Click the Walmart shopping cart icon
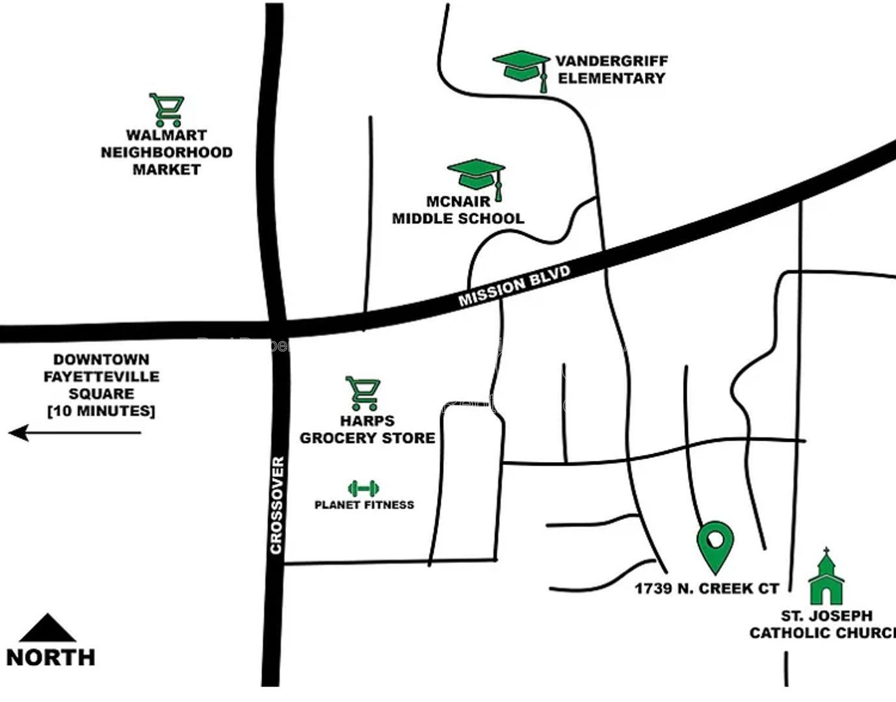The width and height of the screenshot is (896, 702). (x=167, y=110)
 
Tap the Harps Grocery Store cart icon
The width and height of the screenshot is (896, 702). (x=362, y=393)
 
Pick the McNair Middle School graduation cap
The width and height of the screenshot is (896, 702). (x=476, y=175)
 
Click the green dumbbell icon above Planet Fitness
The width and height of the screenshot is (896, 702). (x=363, y=488)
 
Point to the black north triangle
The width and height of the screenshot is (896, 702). (x=47, y=629)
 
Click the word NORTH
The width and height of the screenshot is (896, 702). (x=51, y=657)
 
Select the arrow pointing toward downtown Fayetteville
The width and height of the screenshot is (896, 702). (x=75, y=432)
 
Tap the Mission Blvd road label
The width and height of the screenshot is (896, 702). (x=514, y=285)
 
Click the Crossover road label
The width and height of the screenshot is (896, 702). (x=276, y=505)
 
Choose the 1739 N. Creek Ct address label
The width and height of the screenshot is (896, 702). (x=707, y=589)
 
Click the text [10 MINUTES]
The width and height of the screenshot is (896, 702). (x=101, y=411)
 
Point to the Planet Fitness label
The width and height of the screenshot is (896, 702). (x=364, y=504)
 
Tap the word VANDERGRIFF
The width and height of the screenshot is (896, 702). (x=611, y=61)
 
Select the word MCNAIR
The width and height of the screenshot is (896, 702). (x=458, y=201)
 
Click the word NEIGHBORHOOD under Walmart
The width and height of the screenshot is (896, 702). (x=166, y=153)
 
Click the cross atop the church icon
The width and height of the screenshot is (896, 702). (x=826, y=553)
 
